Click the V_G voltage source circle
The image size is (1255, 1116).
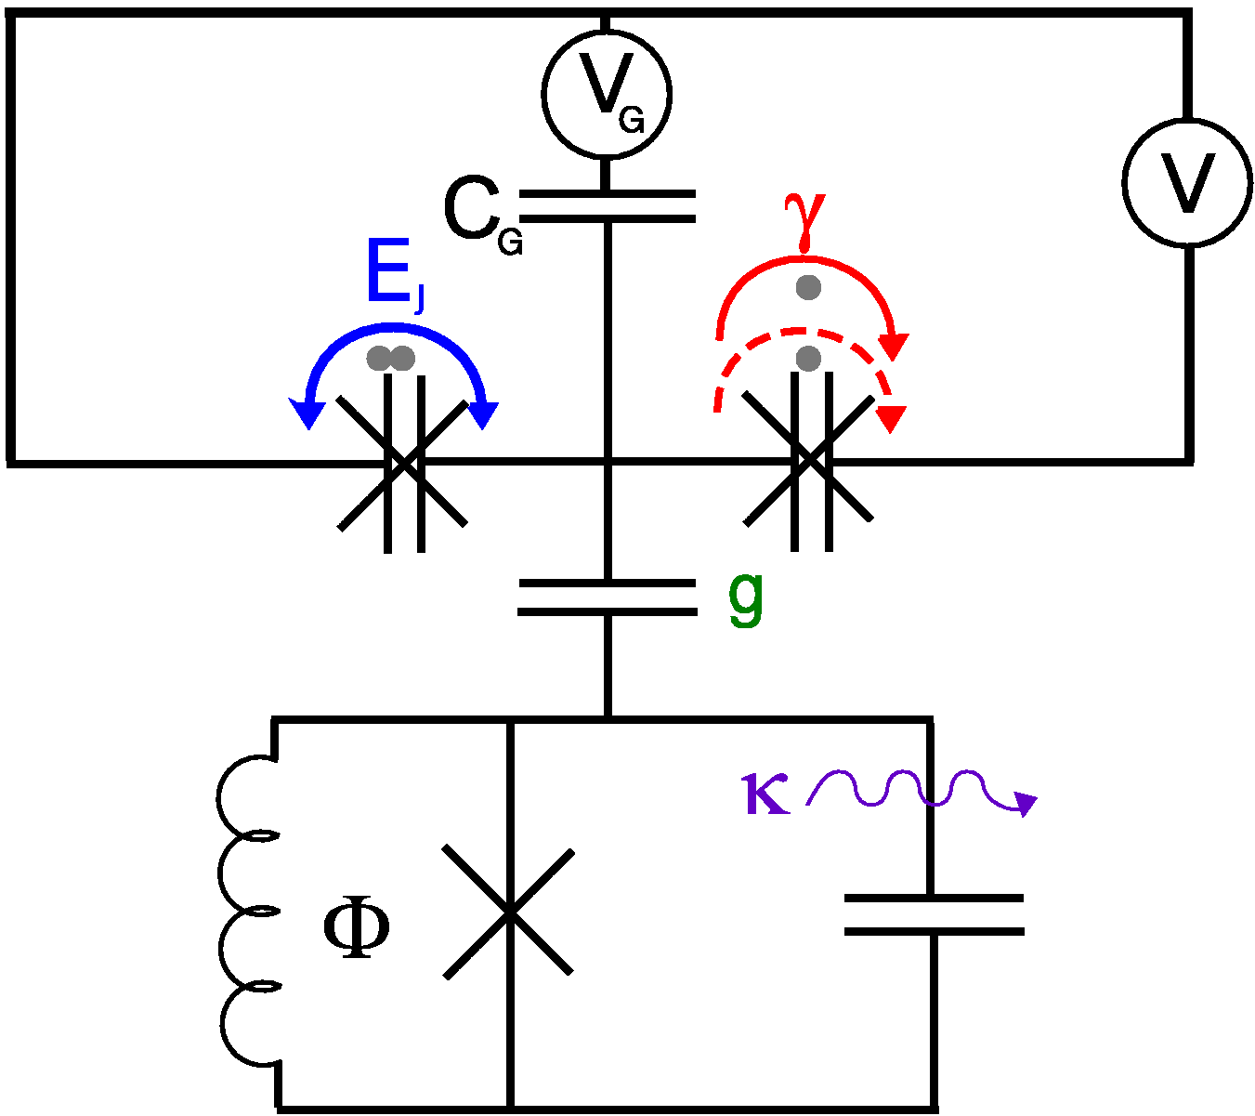coord(607,92)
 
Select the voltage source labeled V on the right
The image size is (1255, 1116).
coord(1187,183)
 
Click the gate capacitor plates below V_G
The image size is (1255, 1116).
coord(607,206)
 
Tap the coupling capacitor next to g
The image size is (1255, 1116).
coord(607,597)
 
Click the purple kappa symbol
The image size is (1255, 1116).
coord(766,796)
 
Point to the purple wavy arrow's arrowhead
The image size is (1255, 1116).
coord(1026,804)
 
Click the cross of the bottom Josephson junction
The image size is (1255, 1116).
coord(509,912)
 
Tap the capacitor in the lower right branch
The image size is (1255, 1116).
coord(933,914)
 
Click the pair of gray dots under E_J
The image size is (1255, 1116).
coord(390,359)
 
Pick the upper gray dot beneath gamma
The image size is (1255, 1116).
coord(808,287)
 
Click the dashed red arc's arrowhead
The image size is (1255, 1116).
coord(891,419)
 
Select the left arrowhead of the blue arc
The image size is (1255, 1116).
coord(305,414)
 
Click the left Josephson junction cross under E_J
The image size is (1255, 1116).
coord(403,463)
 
